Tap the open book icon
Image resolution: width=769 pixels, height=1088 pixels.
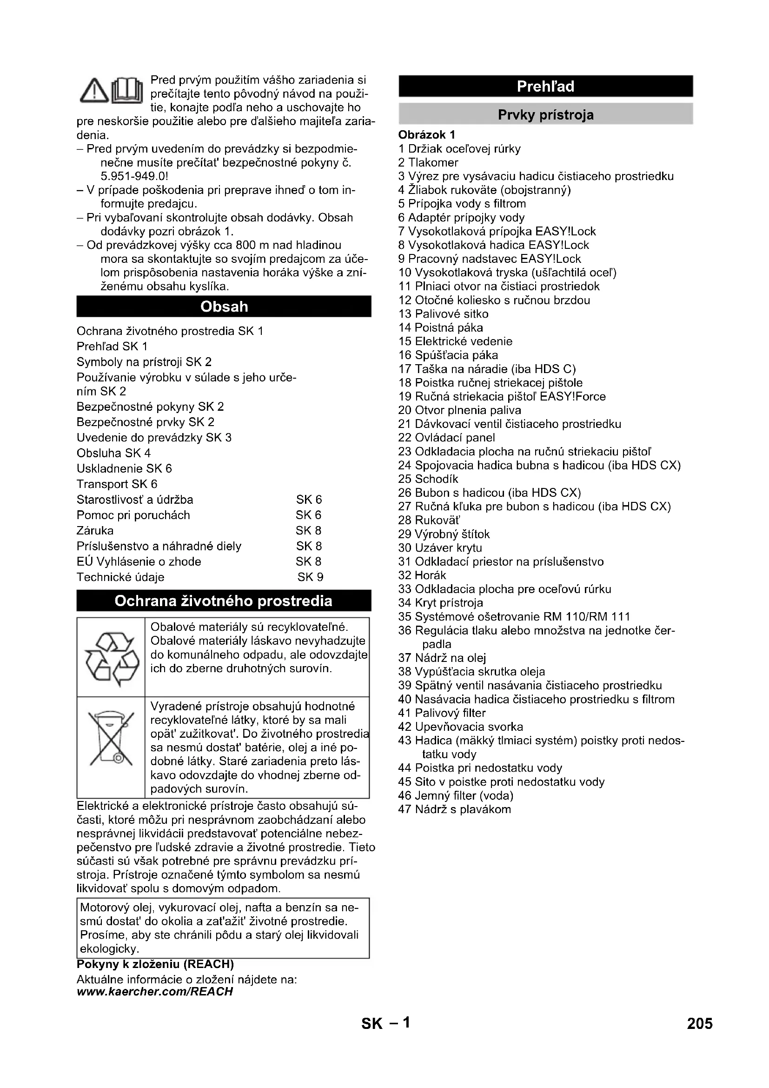(x=126, y=90)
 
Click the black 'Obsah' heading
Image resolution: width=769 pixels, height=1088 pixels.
(x=224, y=307)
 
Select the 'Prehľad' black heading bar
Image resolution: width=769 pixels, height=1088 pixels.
(x=545, y=86)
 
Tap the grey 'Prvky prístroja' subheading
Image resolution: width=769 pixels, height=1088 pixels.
(x=545, y=115)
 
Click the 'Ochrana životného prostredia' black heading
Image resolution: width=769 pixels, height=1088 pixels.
(x=224, y=601)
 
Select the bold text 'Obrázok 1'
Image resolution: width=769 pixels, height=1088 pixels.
(x=426, y=135)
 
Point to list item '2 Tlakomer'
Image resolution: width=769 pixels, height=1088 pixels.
(x=428, y=162)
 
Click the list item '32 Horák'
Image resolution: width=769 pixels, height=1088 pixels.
(x=422, y=575)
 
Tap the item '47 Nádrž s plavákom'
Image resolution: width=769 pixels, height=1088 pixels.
(x=455, y=809)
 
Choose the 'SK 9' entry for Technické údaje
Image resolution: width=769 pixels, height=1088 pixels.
(x=310, y=577)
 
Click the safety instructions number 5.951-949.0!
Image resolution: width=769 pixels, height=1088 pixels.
(x=134, y=176)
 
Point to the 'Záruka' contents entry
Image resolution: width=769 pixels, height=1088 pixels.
(x=95, y=531)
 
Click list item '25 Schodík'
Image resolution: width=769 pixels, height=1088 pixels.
(x=428, y=479)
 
